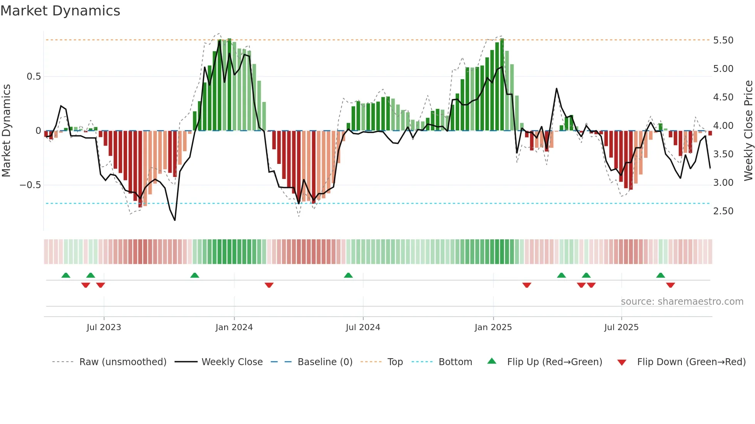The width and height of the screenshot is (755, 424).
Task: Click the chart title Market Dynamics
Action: [60, 11]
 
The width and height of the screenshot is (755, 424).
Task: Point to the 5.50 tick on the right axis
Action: [723, 40]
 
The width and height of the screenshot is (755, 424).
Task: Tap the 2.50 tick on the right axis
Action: [723, 211]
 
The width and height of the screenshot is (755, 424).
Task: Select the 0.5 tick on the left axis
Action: [34, 77]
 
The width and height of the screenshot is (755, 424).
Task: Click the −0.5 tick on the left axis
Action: [30, 185]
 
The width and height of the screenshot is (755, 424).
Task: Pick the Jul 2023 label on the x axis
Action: [104, 327]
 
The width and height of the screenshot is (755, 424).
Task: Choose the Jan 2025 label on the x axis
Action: [493, 327]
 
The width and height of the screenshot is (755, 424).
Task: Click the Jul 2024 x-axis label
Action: [363, 327]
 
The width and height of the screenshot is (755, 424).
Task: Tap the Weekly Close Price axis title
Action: [748, 130]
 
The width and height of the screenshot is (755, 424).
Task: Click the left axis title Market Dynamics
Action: [6, 130]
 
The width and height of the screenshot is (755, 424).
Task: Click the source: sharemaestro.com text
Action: [682, 302]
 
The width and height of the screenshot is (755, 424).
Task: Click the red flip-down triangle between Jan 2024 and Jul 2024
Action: [269, 285]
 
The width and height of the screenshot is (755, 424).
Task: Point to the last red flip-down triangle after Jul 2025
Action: [670, 285]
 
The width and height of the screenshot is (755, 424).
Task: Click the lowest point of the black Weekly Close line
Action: [175, 220]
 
